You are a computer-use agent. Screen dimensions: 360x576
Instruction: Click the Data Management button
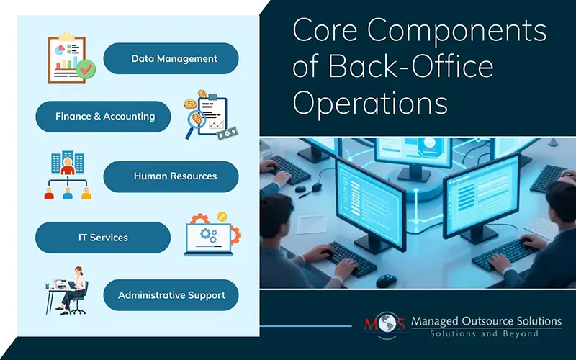(x=171, y=58)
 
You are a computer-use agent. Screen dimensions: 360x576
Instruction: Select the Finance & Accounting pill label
(x=104, y=116)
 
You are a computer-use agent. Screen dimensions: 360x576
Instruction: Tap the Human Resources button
(x=171, y=176)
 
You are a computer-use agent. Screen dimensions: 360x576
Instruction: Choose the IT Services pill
(x=103, y=237)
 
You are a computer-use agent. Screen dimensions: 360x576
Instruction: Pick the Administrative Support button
(x=171, y=295)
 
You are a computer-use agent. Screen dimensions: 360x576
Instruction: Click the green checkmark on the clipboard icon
(x=86, y=69)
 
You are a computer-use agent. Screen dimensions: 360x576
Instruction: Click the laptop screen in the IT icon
(x=207, y=235)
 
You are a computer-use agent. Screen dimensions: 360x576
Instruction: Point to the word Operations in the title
(x=370, y=102)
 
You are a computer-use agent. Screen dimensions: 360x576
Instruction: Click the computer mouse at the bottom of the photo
(x=387, y=279)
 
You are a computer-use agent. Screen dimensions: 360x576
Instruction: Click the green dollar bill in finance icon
(x=228, y=132)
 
